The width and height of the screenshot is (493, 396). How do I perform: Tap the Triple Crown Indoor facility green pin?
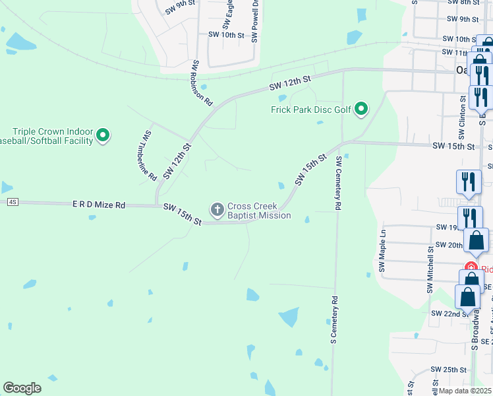(x=103, y=136)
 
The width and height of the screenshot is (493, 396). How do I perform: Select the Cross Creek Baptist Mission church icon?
(x=217, y=211)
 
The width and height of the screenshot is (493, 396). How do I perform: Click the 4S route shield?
(x=13, y=202)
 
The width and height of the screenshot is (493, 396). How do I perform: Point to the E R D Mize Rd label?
(x=99, y=205)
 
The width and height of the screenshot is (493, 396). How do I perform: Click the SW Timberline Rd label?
(x=148, y=156)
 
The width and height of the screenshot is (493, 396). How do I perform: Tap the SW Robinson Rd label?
(x=202, y=84)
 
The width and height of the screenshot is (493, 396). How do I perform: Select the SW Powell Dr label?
(x=254, y=21)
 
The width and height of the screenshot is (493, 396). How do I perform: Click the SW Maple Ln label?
(x=382, y=251)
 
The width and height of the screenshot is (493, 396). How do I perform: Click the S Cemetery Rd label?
(x=334, y=319)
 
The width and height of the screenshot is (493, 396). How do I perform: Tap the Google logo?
(x=22, y=388)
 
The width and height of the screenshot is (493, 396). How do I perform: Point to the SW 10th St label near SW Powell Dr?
(x=226, y=34)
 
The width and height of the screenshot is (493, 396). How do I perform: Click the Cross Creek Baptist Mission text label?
(x=259, y=211)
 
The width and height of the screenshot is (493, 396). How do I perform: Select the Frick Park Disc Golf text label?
(x=310, y=110)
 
